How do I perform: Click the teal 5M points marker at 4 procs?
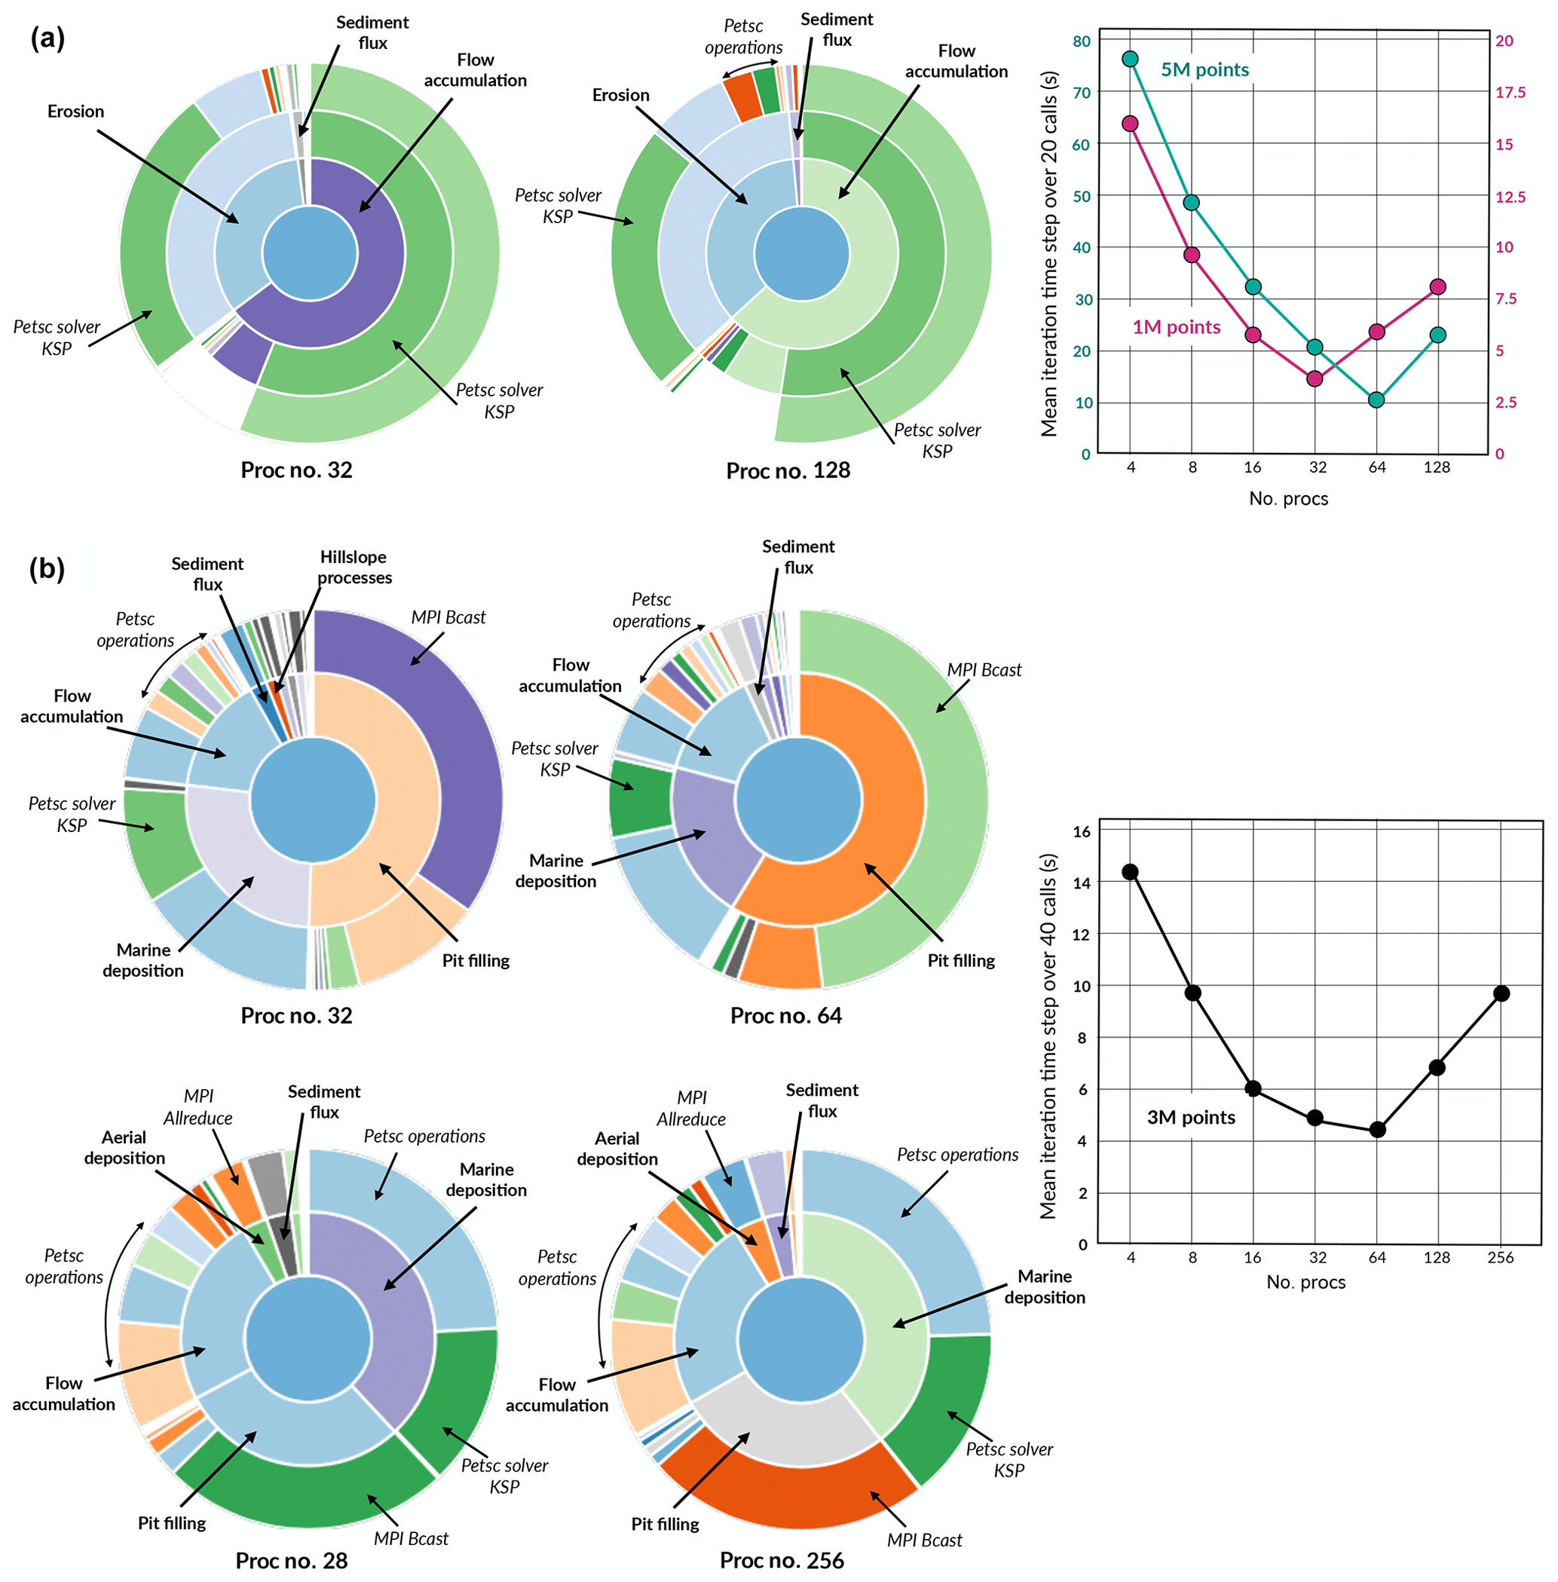(x=1130, y=59)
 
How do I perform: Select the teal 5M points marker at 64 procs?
(x=1376, y=399)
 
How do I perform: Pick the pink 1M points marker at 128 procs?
(x=1437, y=286)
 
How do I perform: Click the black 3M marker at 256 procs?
(x=1501, y=993)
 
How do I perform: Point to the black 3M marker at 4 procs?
(x=1130, y=871)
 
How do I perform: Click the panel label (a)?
(x=47, y=38)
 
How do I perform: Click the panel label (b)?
(x=47, y=568)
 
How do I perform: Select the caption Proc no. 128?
(x=788, y=470)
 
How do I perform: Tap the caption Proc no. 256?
(x=782, y=1560)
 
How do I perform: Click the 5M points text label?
(x=1204, y=69)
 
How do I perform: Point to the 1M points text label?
(x=1176, y=327)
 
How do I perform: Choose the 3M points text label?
(x=1191, y=1117)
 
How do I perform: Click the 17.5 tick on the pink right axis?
(x=1510, y=93)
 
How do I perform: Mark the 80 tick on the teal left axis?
(x=1082, y=41)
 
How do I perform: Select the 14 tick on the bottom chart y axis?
(x=1082, y=883)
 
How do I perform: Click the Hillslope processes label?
(x=354, y=568)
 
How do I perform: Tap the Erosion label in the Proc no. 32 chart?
(x=75, y=112)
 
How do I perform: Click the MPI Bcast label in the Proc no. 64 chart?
(x=984, y=669)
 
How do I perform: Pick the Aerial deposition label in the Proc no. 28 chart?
(x=124, y=1147)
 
